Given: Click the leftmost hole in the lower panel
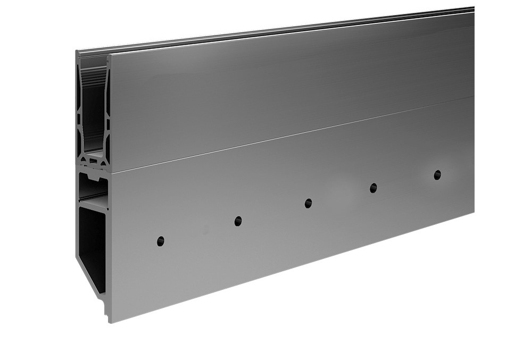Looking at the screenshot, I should click(x=160, y=241).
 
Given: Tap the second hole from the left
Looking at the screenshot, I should click(x=238, y=221).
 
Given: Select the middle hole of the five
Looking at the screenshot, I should click(x=308, y=203).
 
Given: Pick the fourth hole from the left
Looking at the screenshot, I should click(x=374, y=188).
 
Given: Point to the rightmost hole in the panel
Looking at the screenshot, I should click(x=437, y=174).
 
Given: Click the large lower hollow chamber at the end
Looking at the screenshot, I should click(x=92, y=245).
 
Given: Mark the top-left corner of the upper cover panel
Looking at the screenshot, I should click(x=110, y=55).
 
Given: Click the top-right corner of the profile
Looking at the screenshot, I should click(x=473, y=9).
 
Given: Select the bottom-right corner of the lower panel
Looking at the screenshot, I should click(x=473, y=213).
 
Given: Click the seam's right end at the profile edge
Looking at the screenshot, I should click(x=473, y=97).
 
